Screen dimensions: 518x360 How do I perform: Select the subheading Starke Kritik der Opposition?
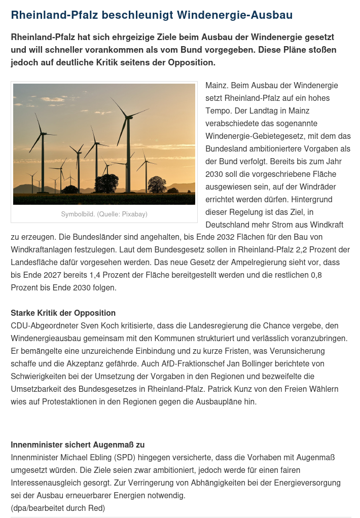click(63, 313)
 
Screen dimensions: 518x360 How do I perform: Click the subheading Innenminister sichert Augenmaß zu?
click(78, 445)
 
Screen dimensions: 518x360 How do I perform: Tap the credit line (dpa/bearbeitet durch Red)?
click(58, 508)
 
